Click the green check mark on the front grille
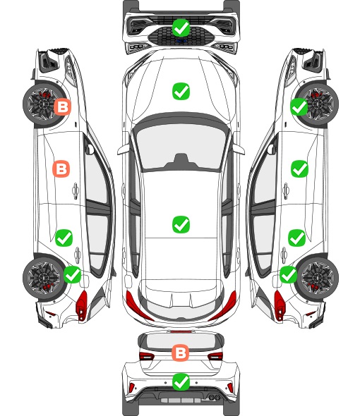[181, 27]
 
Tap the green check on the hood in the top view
[181, 91]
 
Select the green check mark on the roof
[181, 224]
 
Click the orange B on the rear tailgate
[181, 353]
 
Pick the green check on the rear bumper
[181, 381]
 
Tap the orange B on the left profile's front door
[61, 169]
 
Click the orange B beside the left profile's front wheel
[62, 107]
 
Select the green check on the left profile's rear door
[64, 238]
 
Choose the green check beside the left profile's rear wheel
[73, 274]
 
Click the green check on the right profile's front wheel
[299, 106]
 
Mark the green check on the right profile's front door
[300, 169]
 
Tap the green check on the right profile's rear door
[297, 238]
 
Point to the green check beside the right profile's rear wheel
[288, 274]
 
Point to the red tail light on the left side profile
[82, 305]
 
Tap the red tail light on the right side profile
[280, 305]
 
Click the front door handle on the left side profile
[76, 190]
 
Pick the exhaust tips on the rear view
[215, 398]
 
